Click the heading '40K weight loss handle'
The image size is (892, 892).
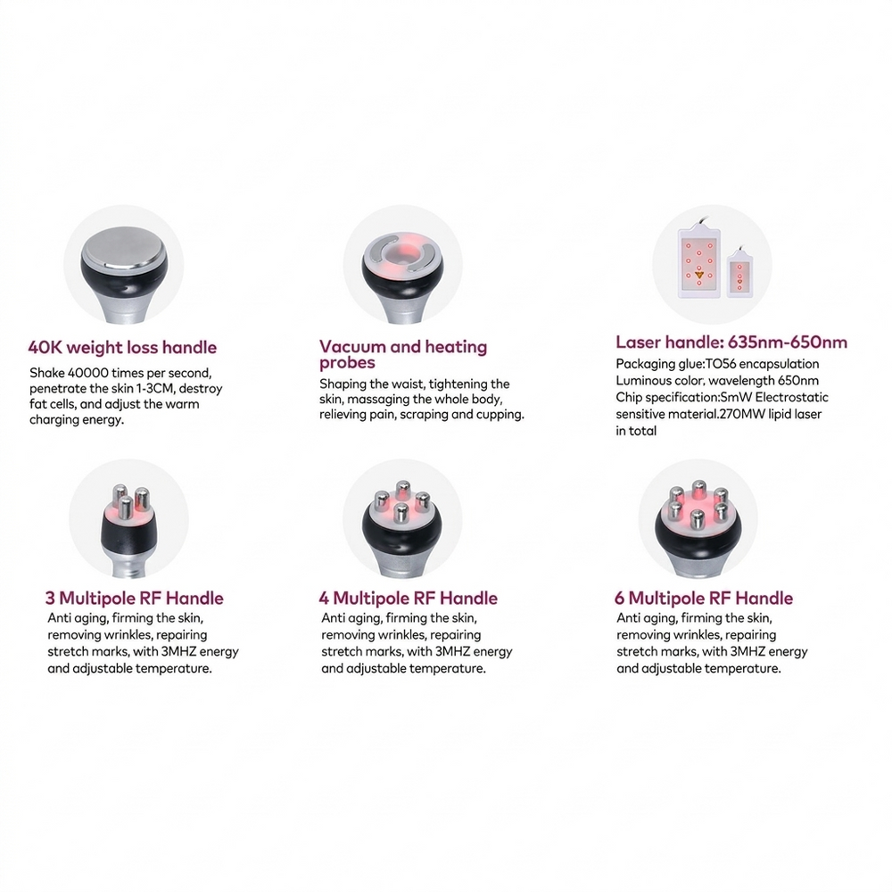(122, 347)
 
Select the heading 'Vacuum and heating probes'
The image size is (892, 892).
(403, 354)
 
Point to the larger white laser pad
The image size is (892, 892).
(699, 263)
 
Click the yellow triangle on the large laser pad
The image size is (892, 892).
(699, 276)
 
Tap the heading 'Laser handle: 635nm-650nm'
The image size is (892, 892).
(731, 342)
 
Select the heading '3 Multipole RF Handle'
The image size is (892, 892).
(135, 598)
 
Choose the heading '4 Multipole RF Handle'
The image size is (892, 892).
(408, 598)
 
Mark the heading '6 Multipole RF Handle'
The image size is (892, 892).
(704, 598)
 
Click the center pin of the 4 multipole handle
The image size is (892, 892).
(401, 512)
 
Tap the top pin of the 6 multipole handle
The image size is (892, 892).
(699, 491)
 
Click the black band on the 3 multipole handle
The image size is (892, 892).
(128, 535)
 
